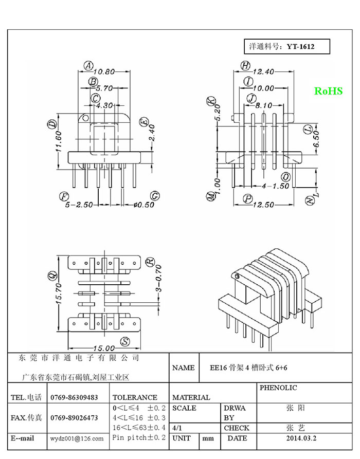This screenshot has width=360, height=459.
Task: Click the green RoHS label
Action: (x=328, y=91)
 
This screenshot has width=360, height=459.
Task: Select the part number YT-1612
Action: (x=300, y=47)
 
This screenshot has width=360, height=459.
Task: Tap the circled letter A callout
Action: (x=88, y=66)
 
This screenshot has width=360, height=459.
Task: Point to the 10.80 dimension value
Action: (x=104, y=72)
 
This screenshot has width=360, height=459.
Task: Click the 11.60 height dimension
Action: (x=59, y=141)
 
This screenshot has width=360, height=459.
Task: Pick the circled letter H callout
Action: (x=245, y=66)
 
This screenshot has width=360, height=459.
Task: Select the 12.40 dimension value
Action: (x=263, y=72)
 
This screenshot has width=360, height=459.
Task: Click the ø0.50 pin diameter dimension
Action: (x=143, y=205)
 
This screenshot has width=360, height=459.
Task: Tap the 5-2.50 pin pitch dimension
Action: (x=79, y=205)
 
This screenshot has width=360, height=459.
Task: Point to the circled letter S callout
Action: (x=125, y=342)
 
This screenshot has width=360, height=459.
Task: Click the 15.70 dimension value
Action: (x=59, y=293)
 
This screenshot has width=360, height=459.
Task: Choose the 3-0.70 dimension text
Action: (x=158, y=279)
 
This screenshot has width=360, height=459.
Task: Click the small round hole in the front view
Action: (x=86, y=118)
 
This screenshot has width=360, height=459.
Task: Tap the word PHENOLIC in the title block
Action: (x=278, y=388)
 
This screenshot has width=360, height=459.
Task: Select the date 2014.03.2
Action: (x=301, y=438)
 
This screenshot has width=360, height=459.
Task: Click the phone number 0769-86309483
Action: (x=74, y=397)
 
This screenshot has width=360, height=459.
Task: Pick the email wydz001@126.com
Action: (x=77, y=438)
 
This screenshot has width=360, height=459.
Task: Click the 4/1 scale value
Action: (x=177, y=428)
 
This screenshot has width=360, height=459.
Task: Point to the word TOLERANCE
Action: (x=135, y=397)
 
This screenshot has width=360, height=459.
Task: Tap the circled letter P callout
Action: (x=248, y=199)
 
